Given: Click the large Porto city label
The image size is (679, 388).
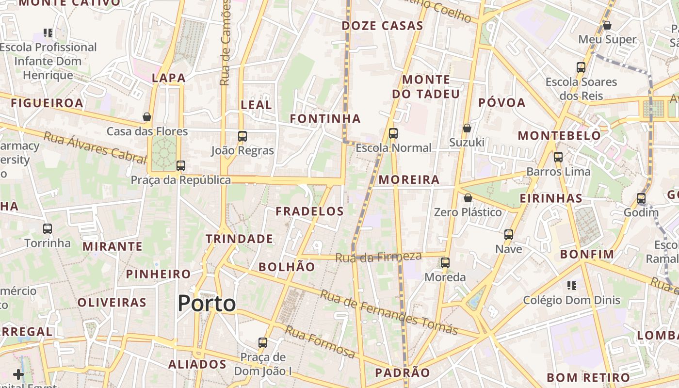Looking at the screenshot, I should pyautogui.click(x=207, y=304).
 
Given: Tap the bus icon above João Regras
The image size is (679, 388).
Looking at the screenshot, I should pyautogui.click(x=242, y=136).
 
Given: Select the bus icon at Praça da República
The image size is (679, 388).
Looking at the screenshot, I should pyautogui.click(x=181, y=166).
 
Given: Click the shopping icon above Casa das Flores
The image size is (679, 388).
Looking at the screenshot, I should pyautogui.click(x=147, y=117).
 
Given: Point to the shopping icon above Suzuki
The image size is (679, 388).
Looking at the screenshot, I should pyautogui.click(x=467, y=128).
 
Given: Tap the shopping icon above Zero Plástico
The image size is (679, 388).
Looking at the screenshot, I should pyautogui.click(x=468, y=198).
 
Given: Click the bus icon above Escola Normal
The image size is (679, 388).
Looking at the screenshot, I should pyautogui.click(x=393, y=133).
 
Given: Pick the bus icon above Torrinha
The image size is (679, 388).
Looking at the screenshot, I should pyautogui.click(x=48, y=228).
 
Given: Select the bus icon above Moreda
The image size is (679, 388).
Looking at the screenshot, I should pyautogui.click(x=445, y=263).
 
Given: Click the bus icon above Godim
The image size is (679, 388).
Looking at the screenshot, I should pyautogui.click(x=641, y=198).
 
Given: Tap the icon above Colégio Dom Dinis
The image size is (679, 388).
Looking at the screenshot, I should pyautogui.click(x=572, y=286).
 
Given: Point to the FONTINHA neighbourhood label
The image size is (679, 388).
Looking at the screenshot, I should pyautogui.click(x=325, y=118).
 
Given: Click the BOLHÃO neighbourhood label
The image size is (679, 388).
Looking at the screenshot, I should pyautogui.click(x=287, y=267).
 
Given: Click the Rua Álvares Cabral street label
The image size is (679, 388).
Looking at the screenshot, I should pyautogui.click(x=95, y=146).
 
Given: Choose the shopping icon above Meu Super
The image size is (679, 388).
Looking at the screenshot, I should pyautogui.click(x=607, y=25).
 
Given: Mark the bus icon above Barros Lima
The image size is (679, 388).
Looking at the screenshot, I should pyautogui.click(x=558, y=157).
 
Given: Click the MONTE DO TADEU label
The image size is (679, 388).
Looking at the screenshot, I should pyautogui.click(x=426, y=87).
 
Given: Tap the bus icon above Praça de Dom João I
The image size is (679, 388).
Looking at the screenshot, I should pyautogui.click(x=263, y=342).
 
